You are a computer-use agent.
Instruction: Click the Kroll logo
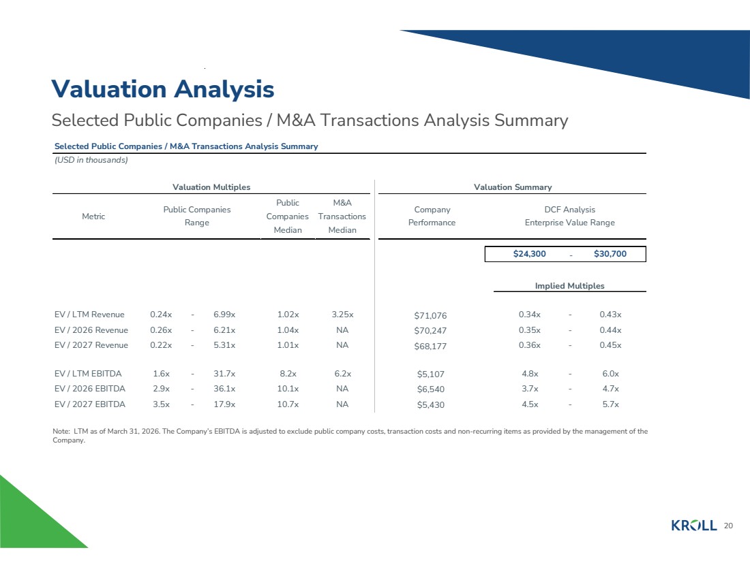[x=694, y=526]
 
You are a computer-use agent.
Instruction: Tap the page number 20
[x=728, y=526]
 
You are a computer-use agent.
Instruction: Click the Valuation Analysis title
[x=163, y=89]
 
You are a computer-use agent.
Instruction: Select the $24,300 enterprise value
[x=530, y=254]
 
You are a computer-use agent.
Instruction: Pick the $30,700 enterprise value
[x=610, y=254]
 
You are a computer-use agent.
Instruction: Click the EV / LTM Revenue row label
[x=89, y=315]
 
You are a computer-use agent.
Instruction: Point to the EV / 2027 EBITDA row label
[x=90, y=404]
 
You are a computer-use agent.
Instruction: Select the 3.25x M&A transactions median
[x=342, y=315]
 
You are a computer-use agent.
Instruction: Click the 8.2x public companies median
[x=288, y=374]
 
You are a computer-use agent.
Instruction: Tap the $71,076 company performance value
[x=430, y=315]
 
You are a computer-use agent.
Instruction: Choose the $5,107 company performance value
[x=430, y=374]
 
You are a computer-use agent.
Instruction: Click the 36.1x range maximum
[x=224, y=389]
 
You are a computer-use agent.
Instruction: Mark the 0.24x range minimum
[x=161, y=315]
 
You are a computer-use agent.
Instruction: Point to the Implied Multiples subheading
[x=570, y=286]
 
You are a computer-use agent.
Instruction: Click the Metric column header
[x=93, y=216]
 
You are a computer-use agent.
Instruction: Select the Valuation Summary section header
[x=513, y=187]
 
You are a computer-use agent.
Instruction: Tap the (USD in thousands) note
[x=91, y=160]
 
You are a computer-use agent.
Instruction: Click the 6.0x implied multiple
[x=611, y=374]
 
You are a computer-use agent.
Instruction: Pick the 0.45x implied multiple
[x=611, y=345]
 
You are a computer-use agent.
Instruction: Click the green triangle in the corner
[x=29, y=523]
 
